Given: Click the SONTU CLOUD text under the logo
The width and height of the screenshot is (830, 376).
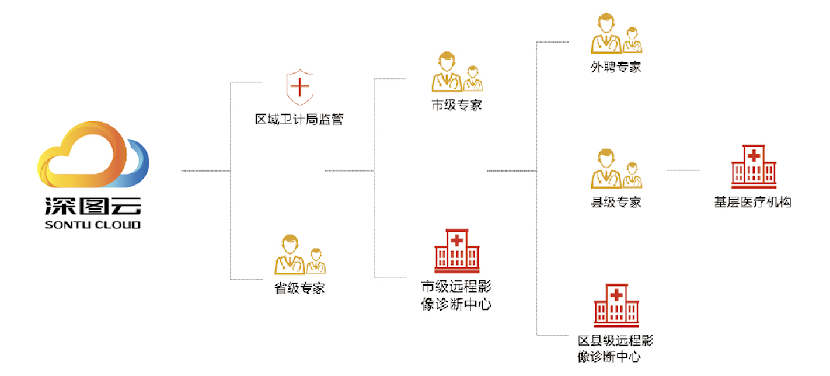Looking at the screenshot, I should tap(93, 225).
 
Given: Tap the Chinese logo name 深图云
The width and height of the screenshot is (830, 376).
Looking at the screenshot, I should tap(93, 206).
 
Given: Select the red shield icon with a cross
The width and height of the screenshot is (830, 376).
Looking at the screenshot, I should tap(299, 88).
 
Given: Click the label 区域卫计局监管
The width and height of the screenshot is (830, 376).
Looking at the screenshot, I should tap(299, 120).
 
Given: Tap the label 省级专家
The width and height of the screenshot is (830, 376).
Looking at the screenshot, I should tap(299, 288).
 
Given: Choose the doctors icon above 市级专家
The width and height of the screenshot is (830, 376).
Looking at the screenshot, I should tap(456, 72).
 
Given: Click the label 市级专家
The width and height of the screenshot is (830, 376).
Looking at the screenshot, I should tap(456, 106).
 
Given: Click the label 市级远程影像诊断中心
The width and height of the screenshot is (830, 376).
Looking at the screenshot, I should tap(456, 295).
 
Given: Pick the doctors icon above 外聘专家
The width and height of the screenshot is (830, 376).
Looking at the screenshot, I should tap(616, 34).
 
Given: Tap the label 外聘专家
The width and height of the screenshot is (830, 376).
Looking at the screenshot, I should tap(616, 67).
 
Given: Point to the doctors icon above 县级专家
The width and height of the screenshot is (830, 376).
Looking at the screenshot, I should tap(616, 169).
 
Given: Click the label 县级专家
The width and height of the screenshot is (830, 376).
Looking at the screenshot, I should tap(616, 203).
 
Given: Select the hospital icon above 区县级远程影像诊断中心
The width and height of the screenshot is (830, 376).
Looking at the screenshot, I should tap(616, 305).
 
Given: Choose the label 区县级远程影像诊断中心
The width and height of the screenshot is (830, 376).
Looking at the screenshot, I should tap(615, 349).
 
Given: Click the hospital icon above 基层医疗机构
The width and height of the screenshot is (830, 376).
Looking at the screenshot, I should tap(753, 166).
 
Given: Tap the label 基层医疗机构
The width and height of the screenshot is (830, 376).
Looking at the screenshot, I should tap(753, 203).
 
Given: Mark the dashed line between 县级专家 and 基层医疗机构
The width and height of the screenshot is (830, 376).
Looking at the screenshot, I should tap(683, 170).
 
